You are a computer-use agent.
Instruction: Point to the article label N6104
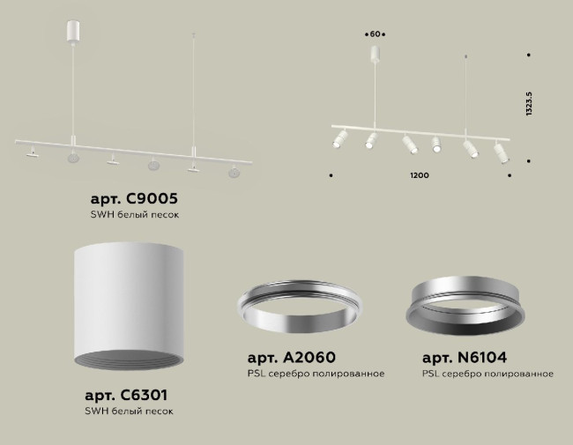[x=464, y=358]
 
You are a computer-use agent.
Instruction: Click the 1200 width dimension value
[x=420, y=176]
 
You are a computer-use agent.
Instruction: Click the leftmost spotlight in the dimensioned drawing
[x=339, y=140]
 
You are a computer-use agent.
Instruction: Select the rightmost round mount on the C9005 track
[x=234, y=172]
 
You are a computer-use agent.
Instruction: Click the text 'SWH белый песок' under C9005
[x=141, y=214]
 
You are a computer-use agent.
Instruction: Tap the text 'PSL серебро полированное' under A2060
[x=316, y=374]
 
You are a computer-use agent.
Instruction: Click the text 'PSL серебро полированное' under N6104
[x=487, y=374]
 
